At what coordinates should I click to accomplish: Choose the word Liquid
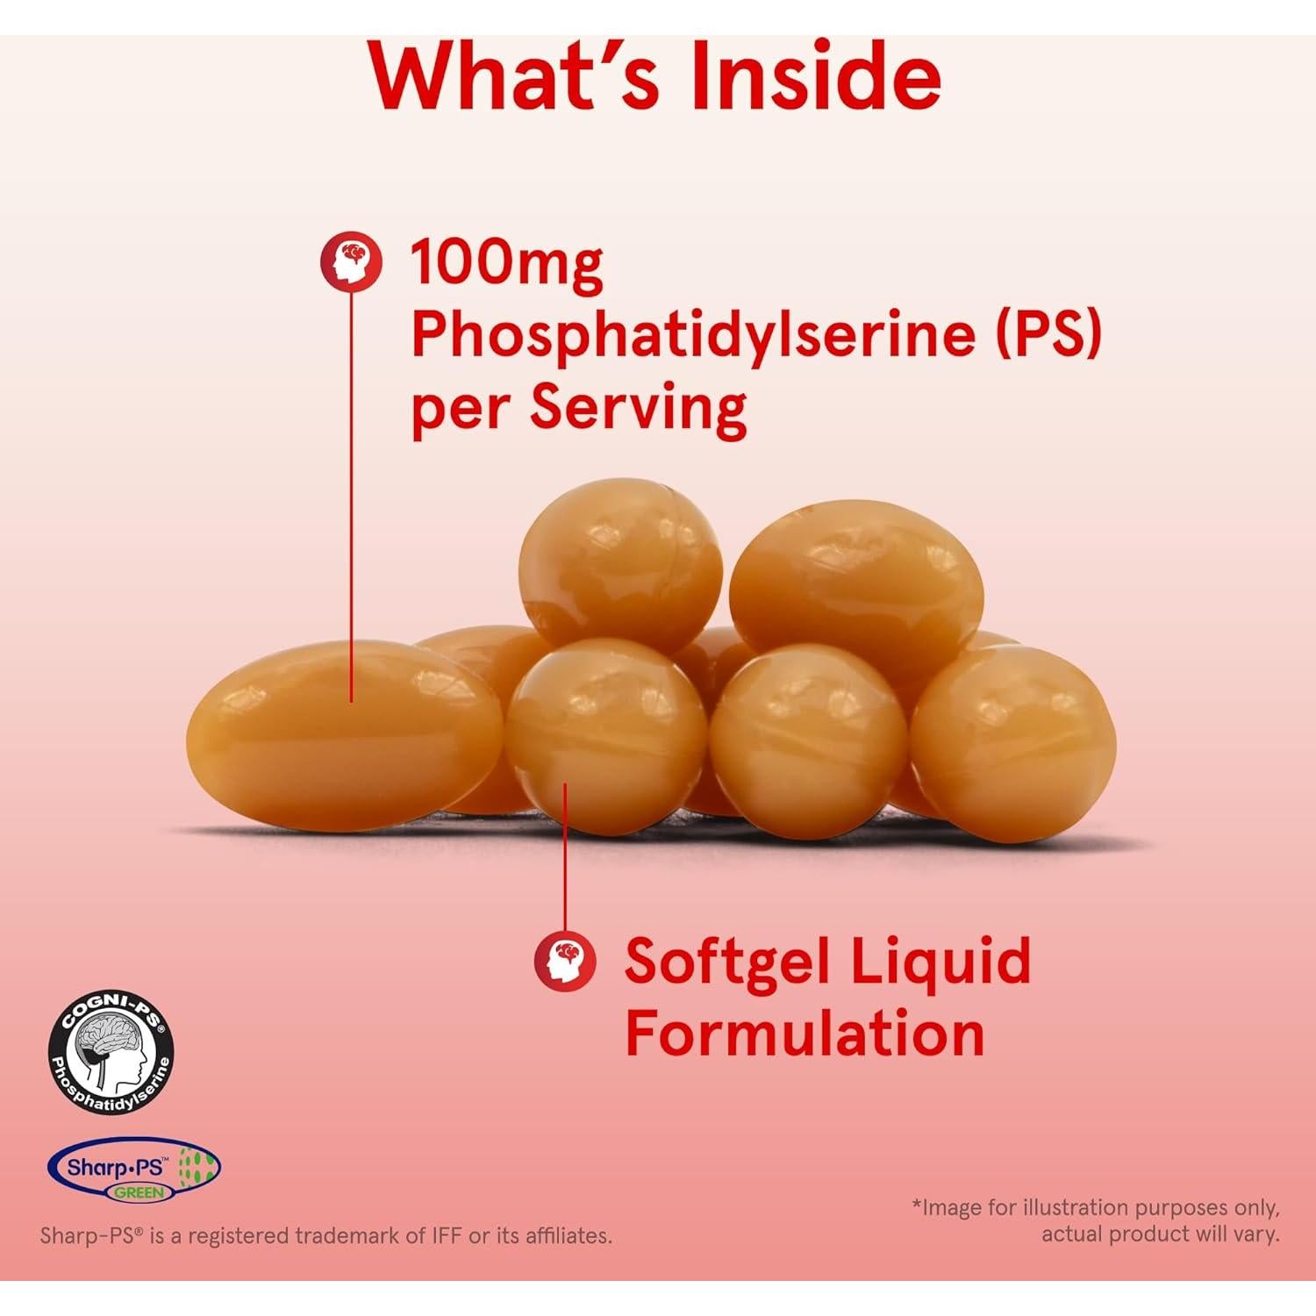(x=941, y=962)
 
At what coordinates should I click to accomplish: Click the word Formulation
(x=805, y=1033)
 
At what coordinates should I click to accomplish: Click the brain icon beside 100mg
(x=352, y=261)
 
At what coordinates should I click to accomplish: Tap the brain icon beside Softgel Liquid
(x=566, y=961)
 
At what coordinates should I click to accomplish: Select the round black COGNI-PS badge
(x=111, y=1052)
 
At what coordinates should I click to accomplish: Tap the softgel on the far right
(x=1013, y=744)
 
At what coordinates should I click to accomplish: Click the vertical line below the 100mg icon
(x=352, y=491)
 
